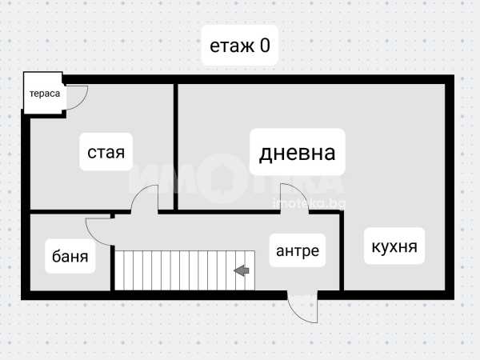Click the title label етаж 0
(x=239, y=46)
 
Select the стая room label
(x=106, y=151)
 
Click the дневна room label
(x=296, y=153)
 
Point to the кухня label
(x=394, y=246)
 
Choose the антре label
(x=298, y=251)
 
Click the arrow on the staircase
(x=240, y=271)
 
